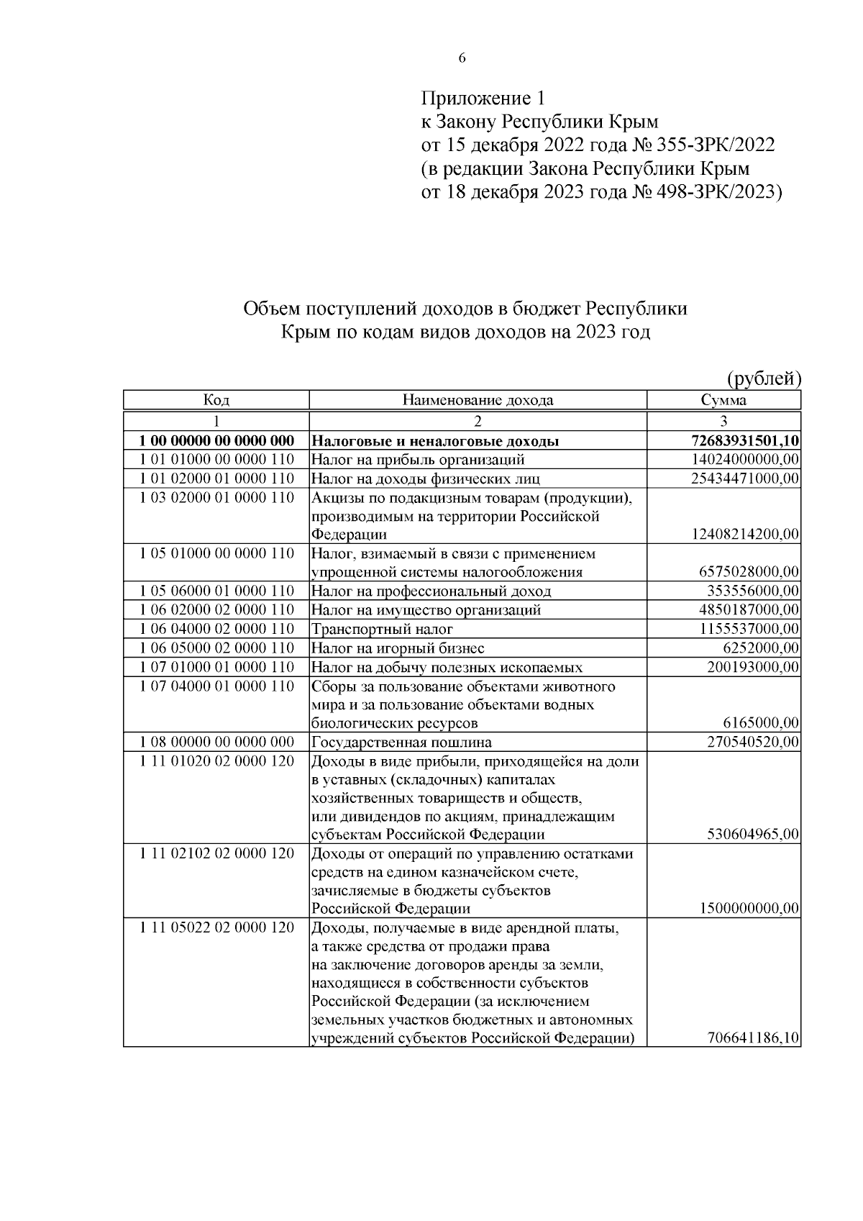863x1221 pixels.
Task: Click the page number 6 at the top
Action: pyautogui.click(x=462, y=59)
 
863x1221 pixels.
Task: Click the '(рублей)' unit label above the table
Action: pyautogui.click(x=764, y=378)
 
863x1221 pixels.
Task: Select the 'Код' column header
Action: pyautogui.click(x=216, y=400)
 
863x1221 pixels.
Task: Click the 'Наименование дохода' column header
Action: pyautogui.click(x=478, y=400)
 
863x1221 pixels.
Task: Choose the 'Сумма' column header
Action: pyautogui.click(x=723, y=400)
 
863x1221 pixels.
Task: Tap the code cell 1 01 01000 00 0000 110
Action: pyautogui.click(x=216, y=459)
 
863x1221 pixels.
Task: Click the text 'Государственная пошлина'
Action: pyautogui.click(x=401, y=742)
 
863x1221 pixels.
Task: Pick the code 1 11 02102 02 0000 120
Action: pyautogui.click(x=216, y=853)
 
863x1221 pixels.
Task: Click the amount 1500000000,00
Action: pyautogui.click(x=749, y=909)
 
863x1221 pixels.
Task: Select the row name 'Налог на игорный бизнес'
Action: pyautogui.click(x=398, y=648)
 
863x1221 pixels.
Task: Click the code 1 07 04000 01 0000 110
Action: pyautogui.click(x=216, y=686)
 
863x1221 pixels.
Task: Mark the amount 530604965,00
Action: pyautogui.click(x=753, y=835)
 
